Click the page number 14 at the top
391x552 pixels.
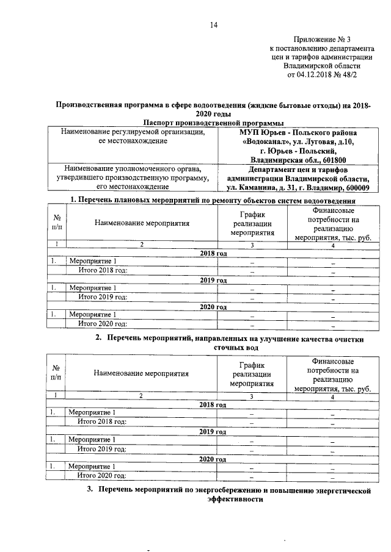coord(214,25)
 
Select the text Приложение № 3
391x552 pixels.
coord(322,38)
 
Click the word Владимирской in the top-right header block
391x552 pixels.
coord(313,66)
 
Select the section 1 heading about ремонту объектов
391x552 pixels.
coord(213,200)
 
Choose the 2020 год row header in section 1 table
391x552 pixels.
coord(213,307)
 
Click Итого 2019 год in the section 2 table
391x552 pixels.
coord(102,448)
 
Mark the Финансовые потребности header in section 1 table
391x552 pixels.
coord(333,224)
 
